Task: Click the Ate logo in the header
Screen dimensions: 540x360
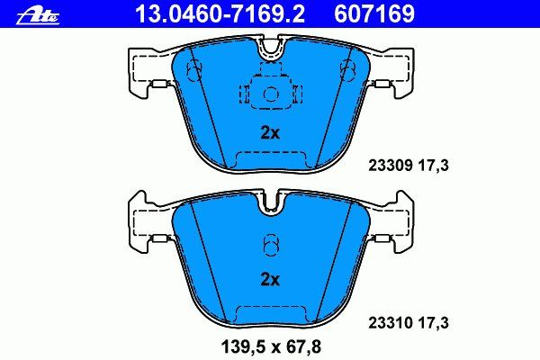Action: (x=38, y=16)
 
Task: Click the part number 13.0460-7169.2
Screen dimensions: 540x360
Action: (x=220, y=13)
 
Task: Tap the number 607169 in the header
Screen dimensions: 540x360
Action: (x=374, y=13)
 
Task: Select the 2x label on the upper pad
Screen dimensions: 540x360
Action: (x=270, y=133)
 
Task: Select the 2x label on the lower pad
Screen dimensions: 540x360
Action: (x=270, y=280)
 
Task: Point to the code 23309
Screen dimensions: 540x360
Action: (x=391, y=166)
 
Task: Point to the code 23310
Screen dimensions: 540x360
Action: (x=391, y=323)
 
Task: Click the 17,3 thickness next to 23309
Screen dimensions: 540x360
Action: (x=433, y=166)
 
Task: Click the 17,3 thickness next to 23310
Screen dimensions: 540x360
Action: (x=433, y=323)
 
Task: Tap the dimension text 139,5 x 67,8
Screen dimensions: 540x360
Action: (x=271, y=346)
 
